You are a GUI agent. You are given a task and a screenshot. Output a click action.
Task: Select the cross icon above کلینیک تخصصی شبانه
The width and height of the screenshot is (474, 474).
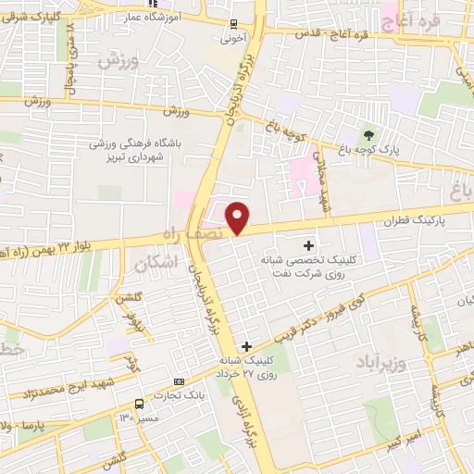pyautogui.click(x=309, y=245)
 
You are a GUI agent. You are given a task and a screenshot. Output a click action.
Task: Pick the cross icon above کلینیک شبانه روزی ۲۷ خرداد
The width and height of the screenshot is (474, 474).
pyautogui.click(x=245, y=346)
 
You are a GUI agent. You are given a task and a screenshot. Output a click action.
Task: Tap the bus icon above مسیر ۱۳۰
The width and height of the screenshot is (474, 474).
pyautogui.click(x=139, y=405)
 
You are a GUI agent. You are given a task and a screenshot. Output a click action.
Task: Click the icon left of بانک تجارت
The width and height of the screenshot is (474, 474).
pyautogui.click(x=179, y=380)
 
